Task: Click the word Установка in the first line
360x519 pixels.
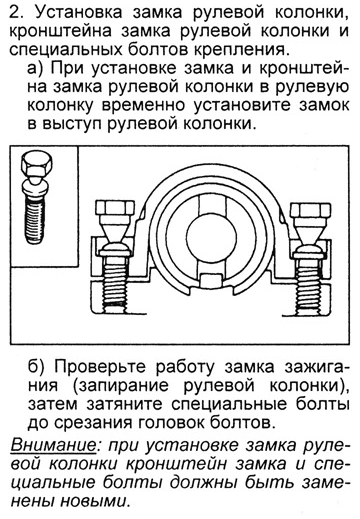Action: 79,12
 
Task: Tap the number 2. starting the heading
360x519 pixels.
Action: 17,12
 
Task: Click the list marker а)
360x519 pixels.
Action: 36,68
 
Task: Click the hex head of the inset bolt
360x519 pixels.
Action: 37,164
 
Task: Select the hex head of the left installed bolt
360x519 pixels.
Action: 115,209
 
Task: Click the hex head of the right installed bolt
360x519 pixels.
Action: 311,209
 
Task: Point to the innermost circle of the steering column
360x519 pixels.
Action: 212,236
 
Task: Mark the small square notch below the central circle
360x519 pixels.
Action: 212,279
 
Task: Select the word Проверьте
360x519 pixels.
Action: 100,367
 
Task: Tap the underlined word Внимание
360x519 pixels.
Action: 54,445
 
